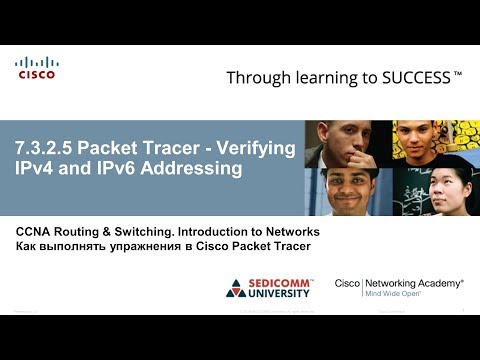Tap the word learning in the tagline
coord(324,77)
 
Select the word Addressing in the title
coord(196,169)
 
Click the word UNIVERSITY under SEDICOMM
coord(284,297)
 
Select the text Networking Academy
coord(412,284)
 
